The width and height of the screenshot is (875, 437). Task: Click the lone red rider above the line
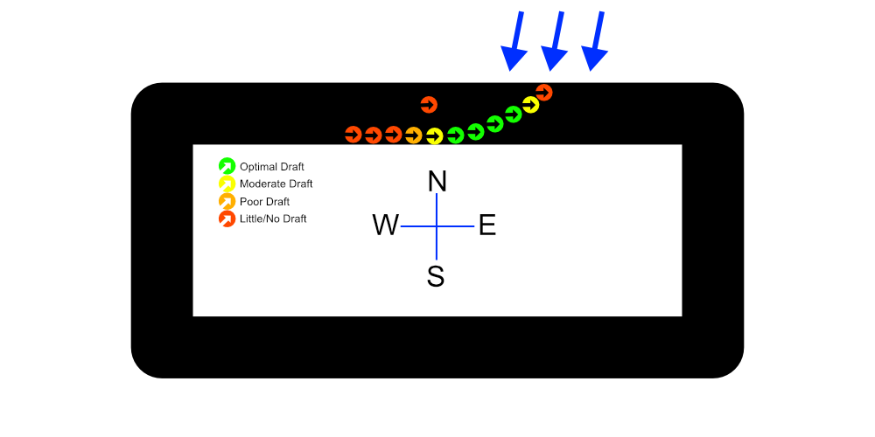coord(428,105)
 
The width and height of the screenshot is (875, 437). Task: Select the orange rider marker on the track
coord(414,135)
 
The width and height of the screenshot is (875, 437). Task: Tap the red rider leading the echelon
coord(543,92)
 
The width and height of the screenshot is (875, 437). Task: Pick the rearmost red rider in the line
coord(353,135)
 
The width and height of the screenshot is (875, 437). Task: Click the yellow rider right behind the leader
coord(530,105)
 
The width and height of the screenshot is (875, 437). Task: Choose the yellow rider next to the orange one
coord(434,136)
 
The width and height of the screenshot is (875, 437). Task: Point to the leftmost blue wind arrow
coord(516,41)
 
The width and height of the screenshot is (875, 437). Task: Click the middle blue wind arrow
coord(555,41)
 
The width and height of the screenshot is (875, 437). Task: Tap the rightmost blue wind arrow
coord(598,41)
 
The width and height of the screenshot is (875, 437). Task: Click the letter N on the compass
coord(437,182)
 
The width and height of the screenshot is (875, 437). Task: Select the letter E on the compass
coord(487,225)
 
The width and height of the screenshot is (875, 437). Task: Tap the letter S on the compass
coord(436,276)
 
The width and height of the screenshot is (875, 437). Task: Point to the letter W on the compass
coord(385,225)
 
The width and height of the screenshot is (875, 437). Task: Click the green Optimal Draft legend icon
coord(227,166)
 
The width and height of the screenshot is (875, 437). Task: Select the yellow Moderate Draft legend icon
coord(227,184)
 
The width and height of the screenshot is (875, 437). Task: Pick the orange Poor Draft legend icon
coord(227,201)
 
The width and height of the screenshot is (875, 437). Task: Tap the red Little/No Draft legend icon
coord(227,218)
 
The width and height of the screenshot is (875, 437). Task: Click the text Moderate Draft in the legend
coord(276,184)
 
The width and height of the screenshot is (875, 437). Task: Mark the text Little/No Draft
coord(273,219)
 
